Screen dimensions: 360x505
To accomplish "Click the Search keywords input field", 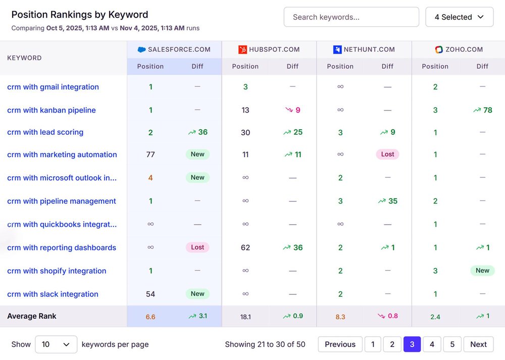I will tap(351, 17).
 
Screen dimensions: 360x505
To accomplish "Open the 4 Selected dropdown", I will tap(459, 17).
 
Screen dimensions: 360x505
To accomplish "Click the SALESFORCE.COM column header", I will tap(174, 49).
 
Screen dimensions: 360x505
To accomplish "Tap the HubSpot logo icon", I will tap(242, 49).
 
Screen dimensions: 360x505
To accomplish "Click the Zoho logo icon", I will tap(439, 49).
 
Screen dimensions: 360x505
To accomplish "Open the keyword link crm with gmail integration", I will tap(53, 87).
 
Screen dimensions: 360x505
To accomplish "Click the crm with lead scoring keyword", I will tap(45, 132).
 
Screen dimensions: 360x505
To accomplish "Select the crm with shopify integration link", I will tap(57, 271).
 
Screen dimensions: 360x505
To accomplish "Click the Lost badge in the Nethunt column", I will tap(387, 155).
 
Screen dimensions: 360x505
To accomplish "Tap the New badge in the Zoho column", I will tap(482, 271).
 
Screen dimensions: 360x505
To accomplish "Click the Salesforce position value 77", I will tap(150, 155).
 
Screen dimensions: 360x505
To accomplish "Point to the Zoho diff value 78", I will tap(483, 110).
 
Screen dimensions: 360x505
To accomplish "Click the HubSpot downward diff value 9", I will tap(293, 110).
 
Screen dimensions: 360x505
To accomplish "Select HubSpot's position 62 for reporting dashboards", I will tap(245, 247).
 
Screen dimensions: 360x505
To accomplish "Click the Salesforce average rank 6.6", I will tap(150, 317).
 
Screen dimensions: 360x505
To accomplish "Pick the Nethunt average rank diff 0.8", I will tap(387, 316).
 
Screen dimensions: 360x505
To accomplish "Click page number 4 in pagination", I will tap(432, 344).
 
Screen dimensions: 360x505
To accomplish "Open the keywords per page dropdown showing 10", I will tap(56, 344).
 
